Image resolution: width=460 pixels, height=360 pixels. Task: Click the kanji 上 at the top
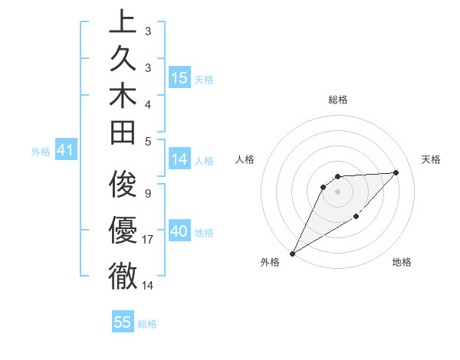click(x=123, y=21)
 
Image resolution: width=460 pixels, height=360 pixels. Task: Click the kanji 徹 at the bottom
click(x=123, y=276)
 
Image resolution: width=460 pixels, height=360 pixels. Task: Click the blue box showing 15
click(x=179, y=77)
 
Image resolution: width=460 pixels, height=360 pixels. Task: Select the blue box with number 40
click(x=179, y=231)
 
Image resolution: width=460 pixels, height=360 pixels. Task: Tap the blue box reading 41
click(x=65, y=151)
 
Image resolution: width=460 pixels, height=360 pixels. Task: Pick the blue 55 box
click(x=123, y=322)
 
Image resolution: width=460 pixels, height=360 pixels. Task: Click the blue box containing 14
click(x=179, y=159)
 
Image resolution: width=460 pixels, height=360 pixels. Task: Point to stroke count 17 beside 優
click(x=149, y=240)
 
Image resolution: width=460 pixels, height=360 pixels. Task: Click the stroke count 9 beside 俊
click(x=147, y=194)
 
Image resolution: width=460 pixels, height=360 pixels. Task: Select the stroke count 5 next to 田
click(x=147, y=141)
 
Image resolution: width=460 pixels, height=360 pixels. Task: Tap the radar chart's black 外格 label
click(x=270, y=263)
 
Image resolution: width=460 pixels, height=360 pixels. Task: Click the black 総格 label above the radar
click(x=338, y=100)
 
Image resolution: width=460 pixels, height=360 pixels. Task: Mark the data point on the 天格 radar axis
click(x=396, y=172)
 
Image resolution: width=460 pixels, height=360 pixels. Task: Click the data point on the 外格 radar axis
click(x=292, y=253)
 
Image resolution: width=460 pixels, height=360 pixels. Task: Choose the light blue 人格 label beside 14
click(x=204, y=161)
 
